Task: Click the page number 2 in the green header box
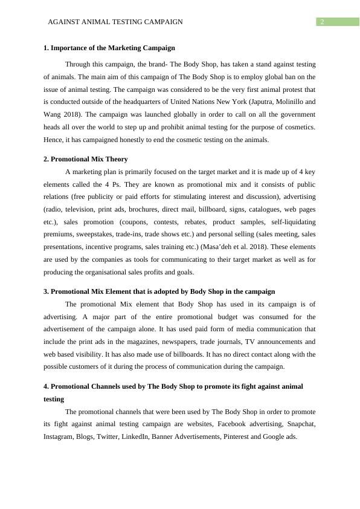pyautogui.click(x=323, y=22)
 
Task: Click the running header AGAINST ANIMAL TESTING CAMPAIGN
pyautogui.click(x=115, y=22)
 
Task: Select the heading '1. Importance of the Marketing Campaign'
pyautogui.click(x=109, y=48)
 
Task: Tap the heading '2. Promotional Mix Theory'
pyautogui.click(x=86, y=159)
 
